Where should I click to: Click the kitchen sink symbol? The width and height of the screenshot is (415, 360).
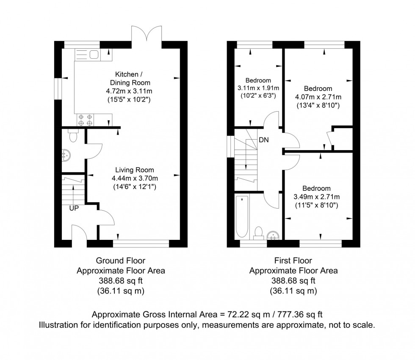[87, 54]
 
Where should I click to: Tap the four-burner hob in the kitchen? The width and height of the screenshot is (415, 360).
[85, 120]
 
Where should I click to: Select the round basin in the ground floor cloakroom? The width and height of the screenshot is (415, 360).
[66, 155]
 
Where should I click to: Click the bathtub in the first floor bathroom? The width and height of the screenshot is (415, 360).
[241, 217]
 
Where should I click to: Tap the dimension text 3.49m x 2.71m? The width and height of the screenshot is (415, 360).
[317, 197]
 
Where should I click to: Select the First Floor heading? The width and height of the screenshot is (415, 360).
[293, 261]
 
